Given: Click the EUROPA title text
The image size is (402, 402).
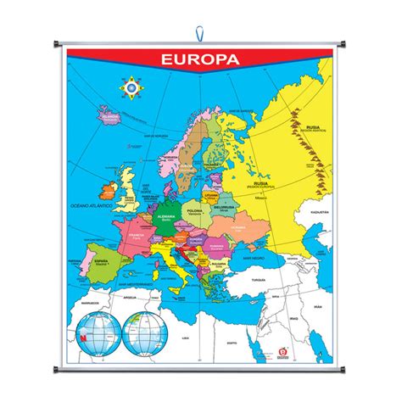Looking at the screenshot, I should click(201, 60).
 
